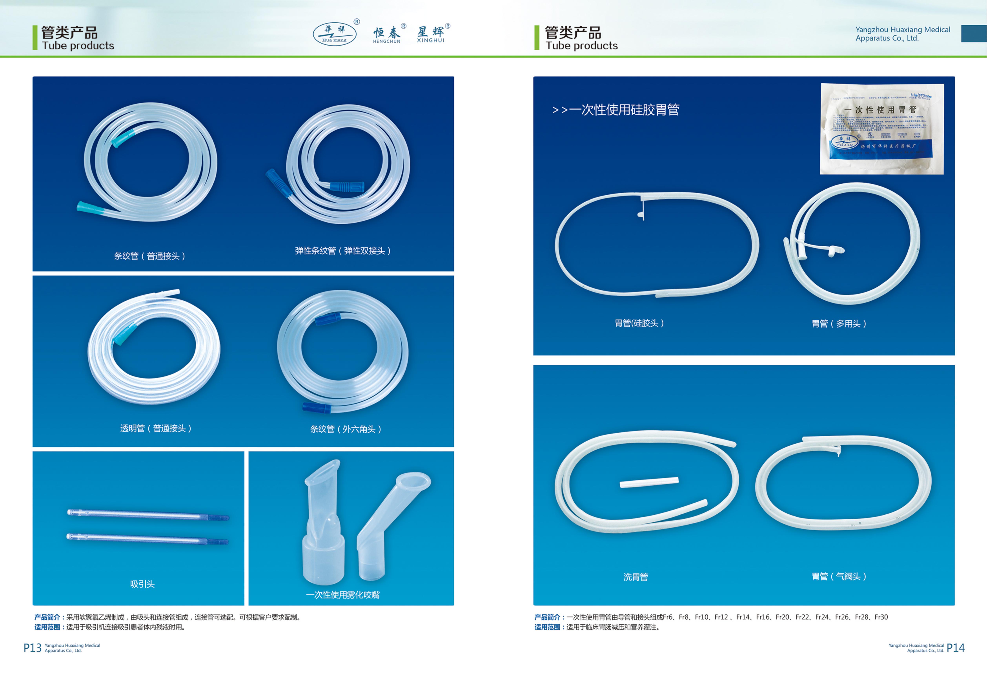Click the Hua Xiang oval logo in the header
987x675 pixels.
[x=335, y=34]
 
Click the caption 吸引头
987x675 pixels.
[x=142, y=584]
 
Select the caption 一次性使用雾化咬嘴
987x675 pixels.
[x=343, y=595]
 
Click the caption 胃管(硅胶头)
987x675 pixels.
[x=639, y=323]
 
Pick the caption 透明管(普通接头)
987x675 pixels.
[x=156, y=428]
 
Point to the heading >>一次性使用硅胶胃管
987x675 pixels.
[x=616, y=110]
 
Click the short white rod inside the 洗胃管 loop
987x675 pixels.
[x=649, y=482]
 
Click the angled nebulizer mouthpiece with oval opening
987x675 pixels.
[x=393, y=523]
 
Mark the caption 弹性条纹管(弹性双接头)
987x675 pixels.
[x=343, y=251]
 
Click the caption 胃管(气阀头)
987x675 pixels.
[x=839, y=576]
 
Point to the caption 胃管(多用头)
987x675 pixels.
[x=839, y=324]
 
